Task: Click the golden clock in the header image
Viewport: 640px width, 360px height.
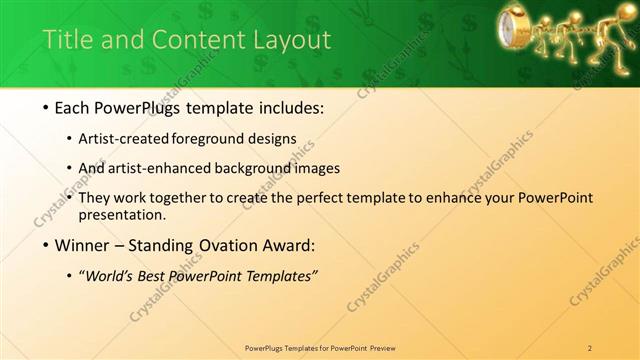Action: [x=512, y=26]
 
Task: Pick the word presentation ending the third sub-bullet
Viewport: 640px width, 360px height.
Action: [x=127, y=215]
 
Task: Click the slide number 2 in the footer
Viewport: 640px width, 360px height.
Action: [x=590, y=347]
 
